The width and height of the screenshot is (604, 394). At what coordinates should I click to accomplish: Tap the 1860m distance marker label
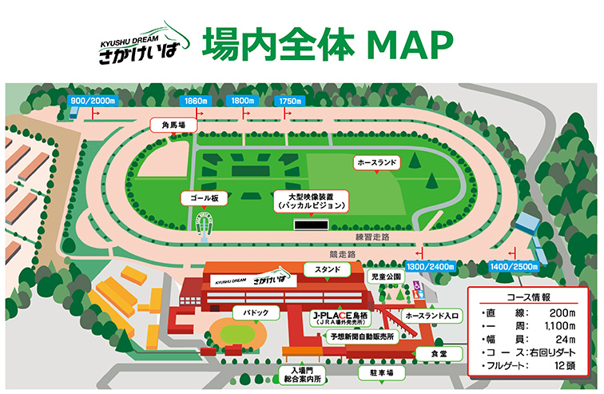(196, 101)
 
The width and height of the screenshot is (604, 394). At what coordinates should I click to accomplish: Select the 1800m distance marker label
(242, 101)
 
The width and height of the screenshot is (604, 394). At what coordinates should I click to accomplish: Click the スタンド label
(328, 270)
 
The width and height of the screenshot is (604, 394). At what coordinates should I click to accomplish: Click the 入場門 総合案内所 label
(302, 374)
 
